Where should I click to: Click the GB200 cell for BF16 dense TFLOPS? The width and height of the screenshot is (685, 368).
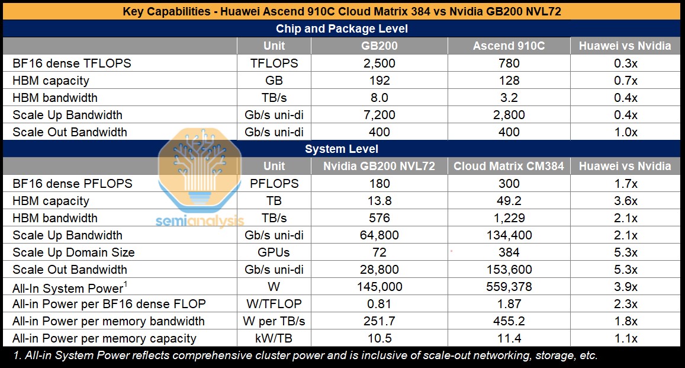point(379,63)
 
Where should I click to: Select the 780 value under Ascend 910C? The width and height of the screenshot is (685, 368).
point(509,63)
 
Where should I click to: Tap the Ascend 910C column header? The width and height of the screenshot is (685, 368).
point(509,46)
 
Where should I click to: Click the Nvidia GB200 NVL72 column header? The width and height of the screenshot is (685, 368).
point(379,167)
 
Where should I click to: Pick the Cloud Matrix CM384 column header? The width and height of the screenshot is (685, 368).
point(509,167)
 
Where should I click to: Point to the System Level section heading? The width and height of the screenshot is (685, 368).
point(342,149)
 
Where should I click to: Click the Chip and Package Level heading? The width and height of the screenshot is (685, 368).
point(342,28)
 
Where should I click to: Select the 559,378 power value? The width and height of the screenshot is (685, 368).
point(509,287)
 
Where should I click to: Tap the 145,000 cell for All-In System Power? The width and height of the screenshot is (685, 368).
point(379,287)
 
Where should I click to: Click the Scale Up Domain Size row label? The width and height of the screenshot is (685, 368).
point(73,252)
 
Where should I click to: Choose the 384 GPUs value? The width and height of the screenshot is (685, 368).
point(509,252)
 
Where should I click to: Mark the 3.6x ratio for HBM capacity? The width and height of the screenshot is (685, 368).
point(625,201)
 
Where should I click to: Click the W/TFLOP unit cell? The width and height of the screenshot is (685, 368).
point(274,304)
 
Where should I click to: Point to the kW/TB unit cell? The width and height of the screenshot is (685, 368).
point(274,338)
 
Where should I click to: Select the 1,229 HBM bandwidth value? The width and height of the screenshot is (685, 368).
point(509,218)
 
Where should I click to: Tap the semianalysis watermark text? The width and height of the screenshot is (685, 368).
point(200,221)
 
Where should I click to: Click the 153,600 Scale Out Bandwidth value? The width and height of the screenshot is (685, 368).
point(509,270)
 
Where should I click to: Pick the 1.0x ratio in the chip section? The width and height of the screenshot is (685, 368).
point(625,132)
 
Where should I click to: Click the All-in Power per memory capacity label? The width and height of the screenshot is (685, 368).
point(104,338)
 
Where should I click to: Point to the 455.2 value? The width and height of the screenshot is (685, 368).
point(509,321)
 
